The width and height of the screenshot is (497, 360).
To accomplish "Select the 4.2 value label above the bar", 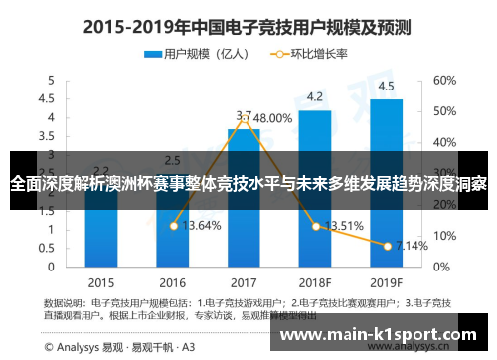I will tap(314, 96).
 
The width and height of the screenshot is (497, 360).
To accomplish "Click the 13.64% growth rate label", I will tap(203, 226).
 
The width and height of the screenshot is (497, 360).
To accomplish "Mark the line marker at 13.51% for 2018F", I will tap(316, 226).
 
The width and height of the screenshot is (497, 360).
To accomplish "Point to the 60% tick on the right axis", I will tap(444, 80).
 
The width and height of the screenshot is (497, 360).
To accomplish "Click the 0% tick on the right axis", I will tap(441, 267).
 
